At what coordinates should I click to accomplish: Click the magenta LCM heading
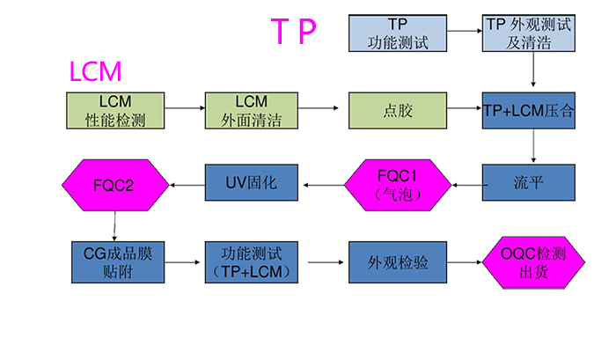click(x=94, y=70)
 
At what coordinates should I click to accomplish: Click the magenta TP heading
click(x=296, y=32)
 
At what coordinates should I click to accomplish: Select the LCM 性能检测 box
click(x=116, y=111)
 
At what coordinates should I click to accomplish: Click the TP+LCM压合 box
click(x=528, y=111)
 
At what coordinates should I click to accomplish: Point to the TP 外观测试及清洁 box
click(x=529, y=33)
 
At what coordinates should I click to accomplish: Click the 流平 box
click(x=528, y=183)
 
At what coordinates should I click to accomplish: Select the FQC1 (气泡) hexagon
click(x=394, y=183)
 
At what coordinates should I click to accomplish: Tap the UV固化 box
click(x=251, y=183)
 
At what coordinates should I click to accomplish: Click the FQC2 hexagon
click(x=114, y=183)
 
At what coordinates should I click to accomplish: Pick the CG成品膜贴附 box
click(x=116, y=262)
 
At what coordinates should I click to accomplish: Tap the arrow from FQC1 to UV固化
click(x=319, y=183)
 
